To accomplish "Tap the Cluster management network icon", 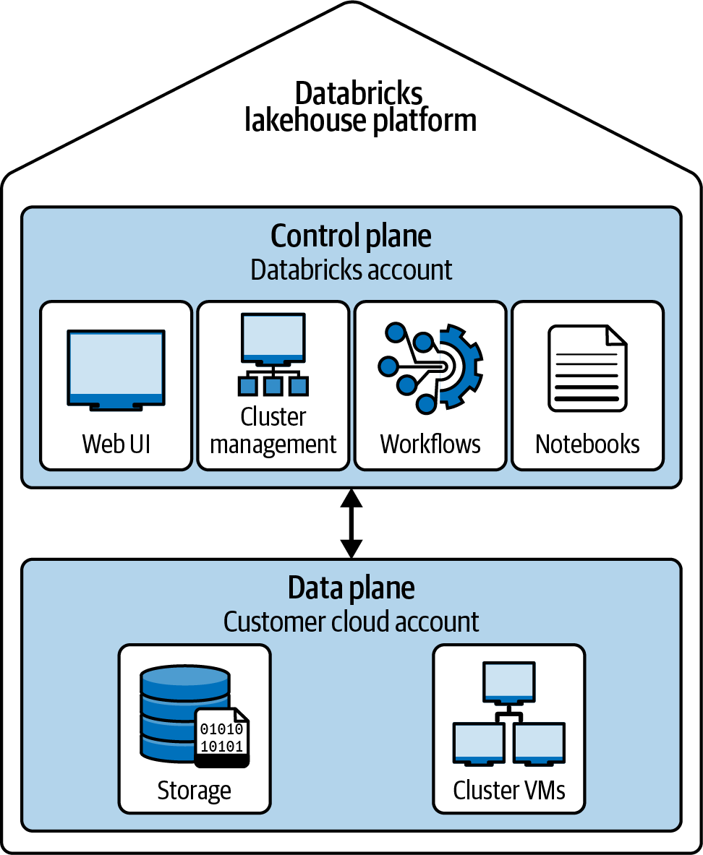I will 273,354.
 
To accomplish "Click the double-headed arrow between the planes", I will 351,523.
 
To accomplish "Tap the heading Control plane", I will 351,236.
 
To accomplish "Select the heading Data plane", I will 351,588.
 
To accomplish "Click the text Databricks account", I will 351,270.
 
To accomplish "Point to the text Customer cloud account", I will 351,622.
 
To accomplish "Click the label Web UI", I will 116,443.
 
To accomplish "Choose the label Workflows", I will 430,443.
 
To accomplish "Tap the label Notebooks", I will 587,443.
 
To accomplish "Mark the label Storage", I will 194,790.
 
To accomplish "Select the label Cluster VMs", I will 508,790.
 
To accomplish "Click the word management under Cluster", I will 273,444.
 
